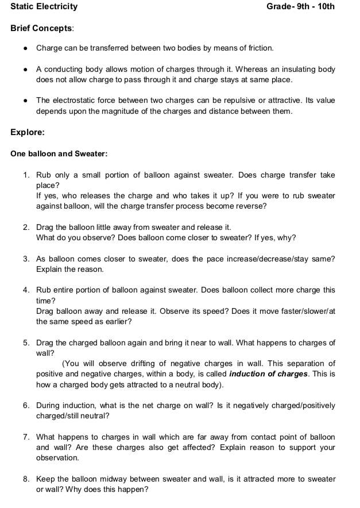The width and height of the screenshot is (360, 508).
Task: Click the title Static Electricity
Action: [44, 7]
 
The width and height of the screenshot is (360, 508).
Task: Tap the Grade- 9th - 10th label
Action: [300, 7]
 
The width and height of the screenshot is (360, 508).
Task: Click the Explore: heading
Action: [28, 132]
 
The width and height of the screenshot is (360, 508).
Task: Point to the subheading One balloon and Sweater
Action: [59, 153]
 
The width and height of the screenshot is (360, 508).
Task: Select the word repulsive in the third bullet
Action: [246, 101]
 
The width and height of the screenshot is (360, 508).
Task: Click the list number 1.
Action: [26, 175]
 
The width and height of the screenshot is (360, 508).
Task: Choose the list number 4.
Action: [26, 290]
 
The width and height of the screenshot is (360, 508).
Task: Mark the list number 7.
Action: [26, 437]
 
